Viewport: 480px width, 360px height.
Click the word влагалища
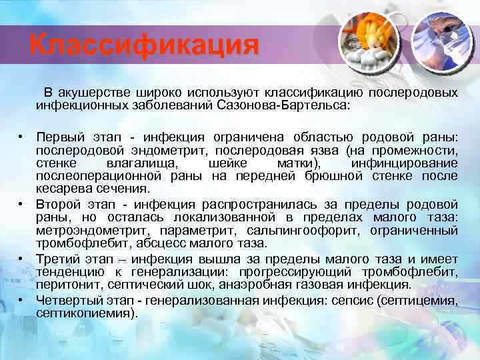click(x=141, y=163)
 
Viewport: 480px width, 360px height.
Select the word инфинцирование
click(x=403, y=163)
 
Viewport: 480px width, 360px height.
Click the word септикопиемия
click(x=84, y=313)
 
